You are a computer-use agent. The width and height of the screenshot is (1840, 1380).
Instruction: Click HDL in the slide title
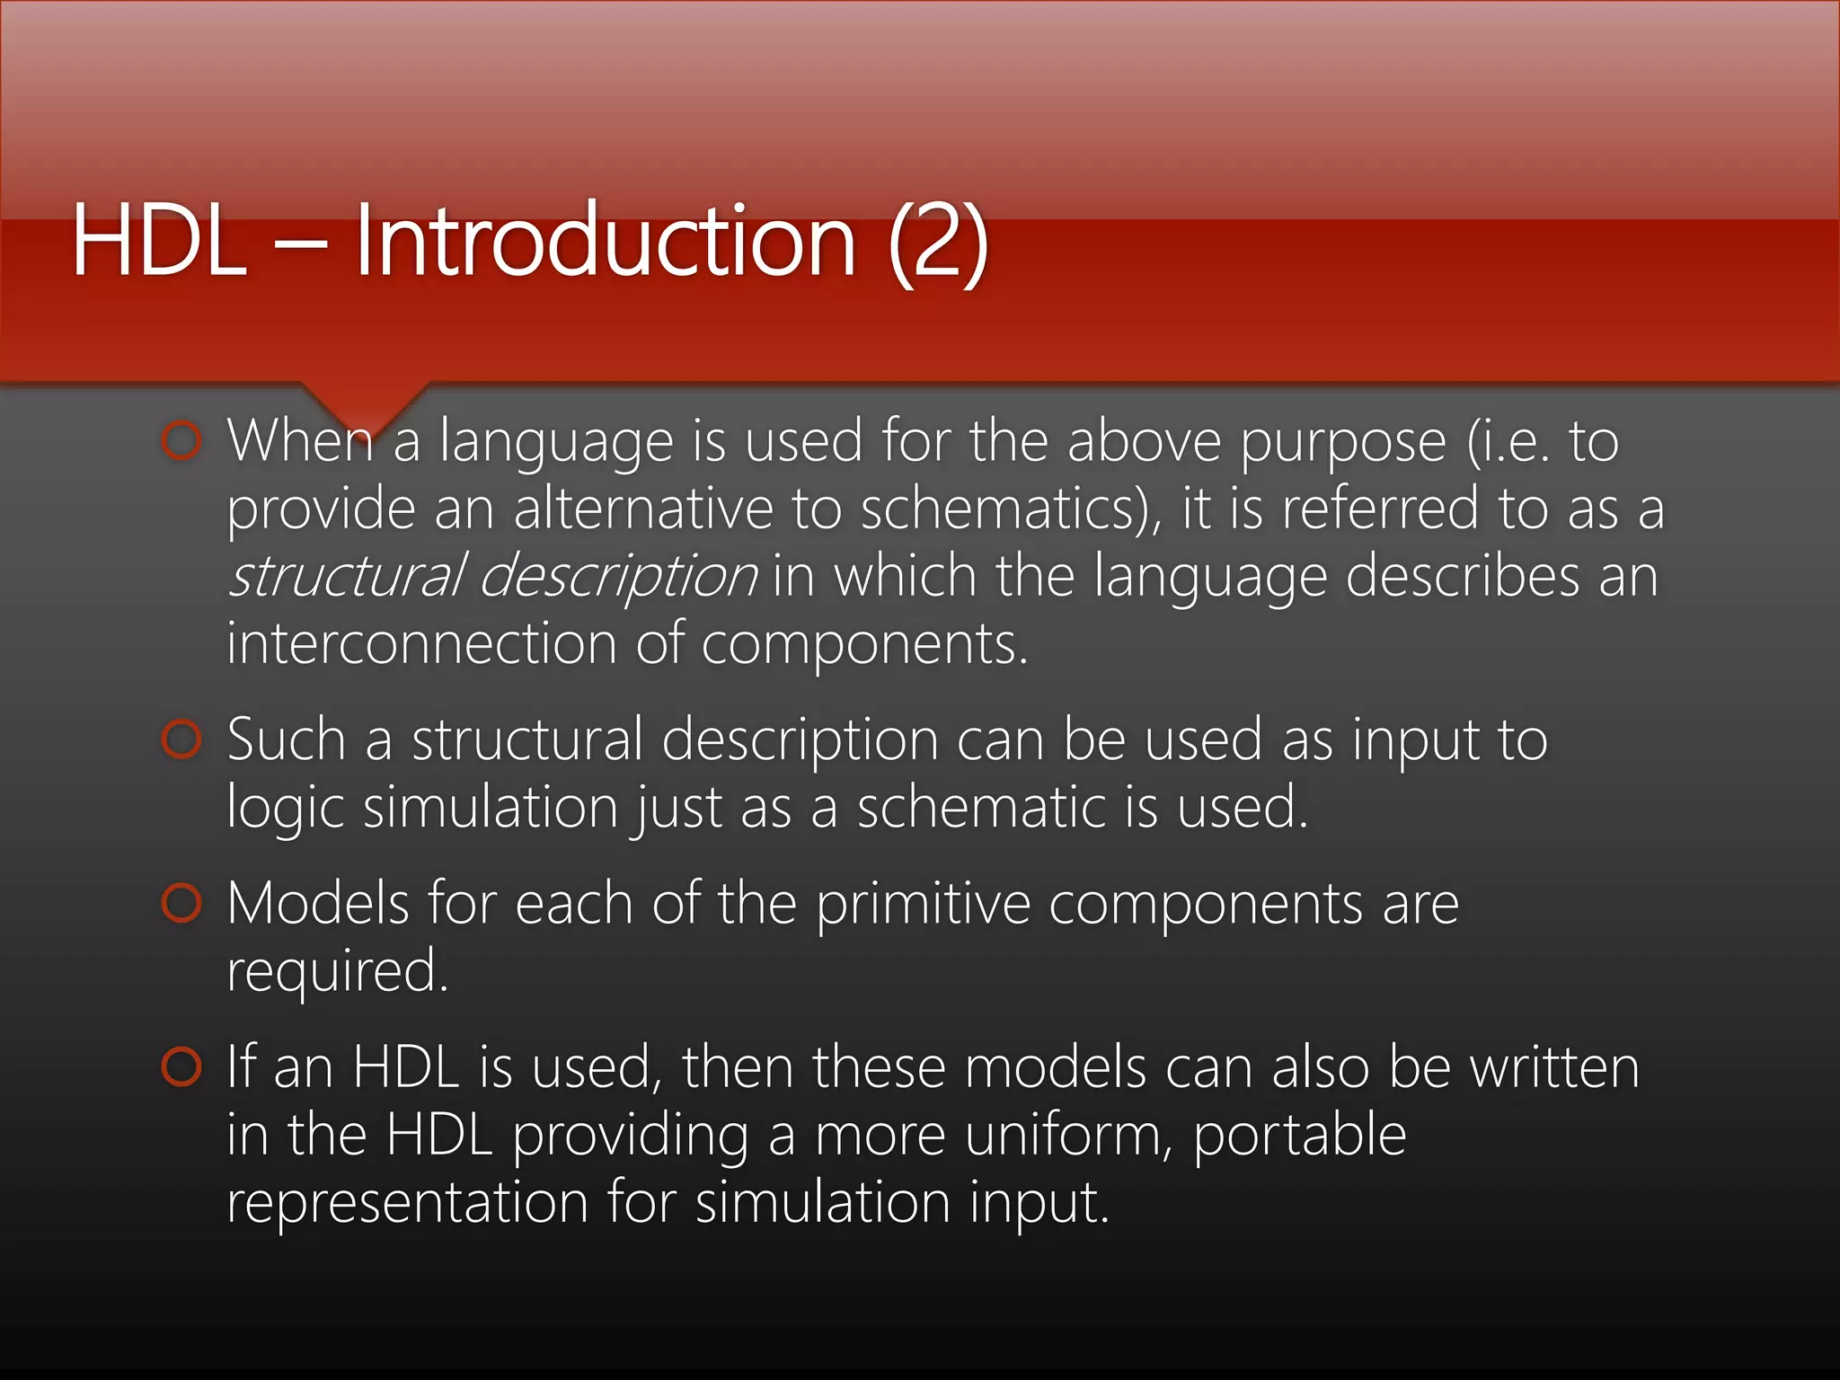tap(159, 241)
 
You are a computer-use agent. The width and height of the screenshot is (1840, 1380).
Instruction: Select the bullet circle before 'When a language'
tap(182, 440)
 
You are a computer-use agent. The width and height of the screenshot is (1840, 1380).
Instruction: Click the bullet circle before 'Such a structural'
tap(182, 739)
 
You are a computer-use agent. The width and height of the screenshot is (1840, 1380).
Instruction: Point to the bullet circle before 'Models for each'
tap(182, 903)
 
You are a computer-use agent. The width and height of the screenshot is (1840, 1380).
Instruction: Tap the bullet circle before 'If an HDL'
tap(182, 1066)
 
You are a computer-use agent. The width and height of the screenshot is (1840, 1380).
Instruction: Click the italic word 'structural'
tap(346, 575)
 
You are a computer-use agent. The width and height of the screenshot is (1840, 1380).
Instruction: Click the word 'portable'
tap(1299, 1137)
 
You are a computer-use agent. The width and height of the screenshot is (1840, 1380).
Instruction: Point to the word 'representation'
tap(407, 1204)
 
